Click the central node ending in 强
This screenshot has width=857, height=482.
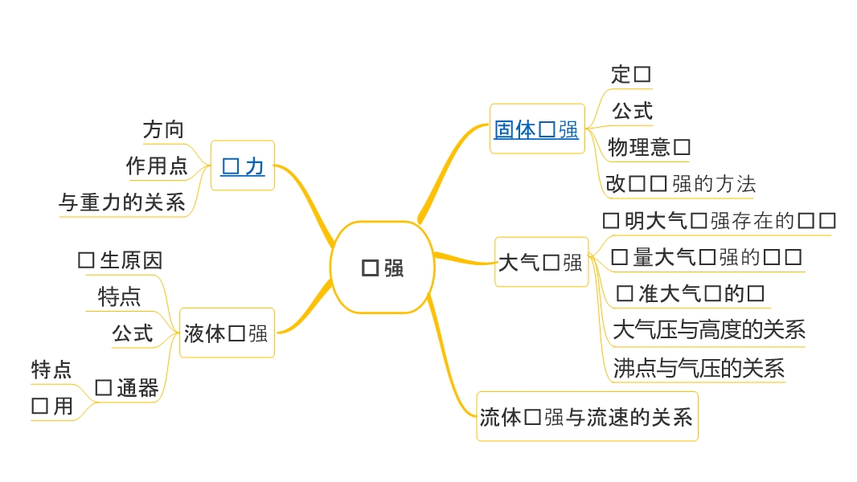click(383, 268)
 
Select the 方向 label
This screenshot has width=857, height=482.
click(163, 129)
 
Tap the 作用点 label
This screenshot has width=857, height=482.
click(157, 166)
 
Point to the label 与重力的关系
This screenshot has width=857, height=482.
click(122, 202)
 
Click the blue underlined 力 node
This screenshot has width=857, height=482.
click(242, 166)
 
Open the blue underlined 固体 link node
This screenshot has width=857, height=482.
click(535, 129)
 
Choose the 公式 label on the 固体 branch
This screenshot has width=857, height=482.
click(632, 111)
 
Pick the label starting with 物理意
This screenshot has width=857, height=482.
click(649, 147)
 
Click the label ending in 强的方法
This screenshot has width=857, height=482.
click(680, 184)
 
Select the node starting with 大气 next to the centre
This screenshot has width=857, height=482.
click(540, 262)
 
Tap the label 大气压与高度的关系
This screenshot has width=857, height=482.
click(708, 329)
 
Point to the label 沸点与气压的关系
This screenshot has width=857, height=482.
click(698, 368)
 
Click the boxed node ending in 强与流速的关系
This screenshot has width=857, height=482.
click(586, 416)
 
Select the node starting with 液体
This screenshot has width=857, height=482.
click(226, 333)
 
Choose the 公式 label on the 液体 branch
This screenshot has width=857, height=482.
click(133, 333)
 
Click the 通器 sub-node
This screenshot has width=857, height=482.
click(126, 388)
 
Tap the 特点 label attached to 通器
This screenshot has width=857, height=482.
click(51, 370)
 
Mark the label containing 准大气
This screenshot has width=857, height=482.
click(690, 293)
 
